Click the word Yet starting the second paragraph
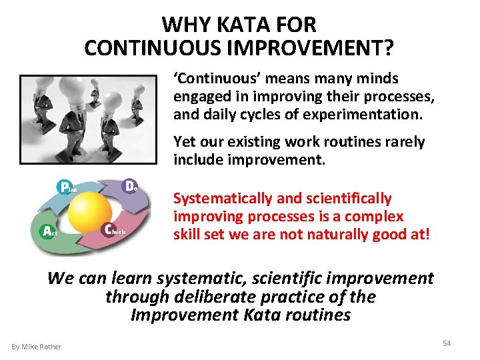(x=185, y=142)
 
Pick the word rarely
(x=402, y=142)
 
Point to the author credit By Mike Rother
(x=37, y=346)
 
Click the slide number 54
(x=447, y=343)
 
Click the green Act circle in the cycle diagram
(x=47, y=231)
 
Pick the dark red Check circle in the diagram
(x=111, y=229)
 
